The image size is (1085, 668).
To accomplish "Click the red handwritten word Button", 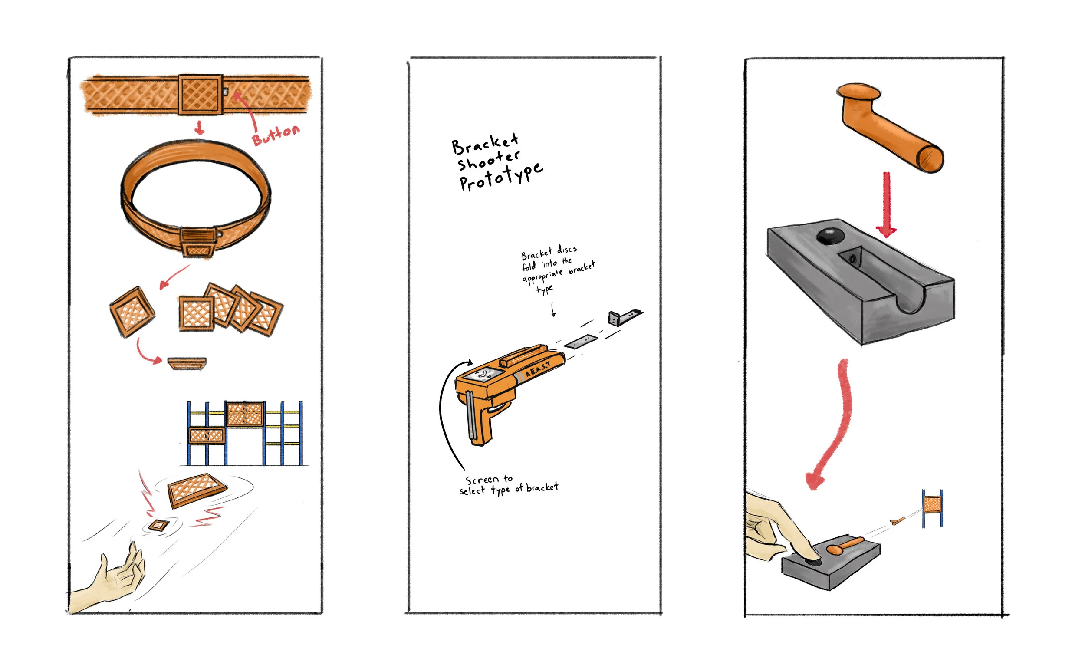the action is click(276, 134).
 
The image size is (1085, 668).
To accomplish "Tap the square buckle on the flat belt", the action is click(200, 95).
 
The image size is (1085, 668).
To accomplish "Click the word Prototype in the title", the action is click(501, 177).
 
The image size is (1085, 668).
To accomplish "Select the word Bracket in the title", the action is click(485, 143).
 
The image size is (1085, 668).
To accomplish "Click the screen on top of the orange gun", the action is click(483, 375).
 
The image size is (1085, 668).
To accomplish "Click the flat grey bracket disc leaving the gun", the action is click(581, 342).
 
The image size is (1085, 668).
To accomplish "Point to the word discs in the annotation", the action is click(566, 250).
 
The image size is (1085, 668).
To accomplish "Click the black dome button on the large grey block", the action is click(830, 236).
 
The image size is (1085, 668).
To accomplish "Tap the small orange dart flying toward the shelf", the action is click(897, 521).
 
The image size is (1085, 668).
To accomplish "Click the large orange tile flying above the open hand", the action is click(197, 490).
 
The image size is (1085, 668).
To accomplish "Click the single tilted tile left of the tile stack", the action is click(132, 312).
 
